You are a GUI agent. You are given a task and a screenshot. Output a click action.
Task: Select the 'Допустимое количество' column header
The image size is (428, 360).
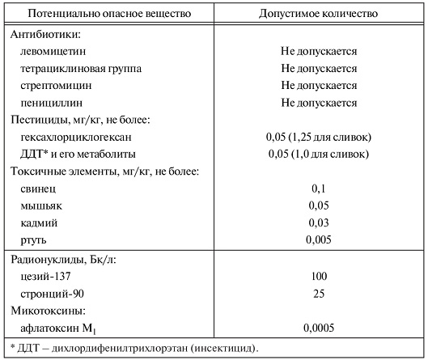[318, 15]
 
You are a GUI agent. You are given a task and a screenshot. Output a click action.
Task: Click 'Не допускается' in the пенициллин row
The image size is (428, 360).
[319, 103]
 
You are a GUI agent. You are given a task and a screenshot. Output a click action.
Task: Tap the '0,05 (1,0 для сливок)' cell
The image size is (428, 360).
[319, 154]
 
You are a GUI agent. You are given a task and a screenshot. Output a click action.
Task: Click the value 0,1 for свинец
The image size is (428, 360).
[319, 188]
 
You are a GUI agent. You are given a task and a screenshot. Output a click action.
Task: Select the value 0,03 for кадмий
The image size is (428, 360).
[319, 222]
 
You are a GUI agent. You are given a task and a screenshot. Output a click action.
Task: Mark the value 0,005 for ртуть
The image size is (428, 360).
[319, 239]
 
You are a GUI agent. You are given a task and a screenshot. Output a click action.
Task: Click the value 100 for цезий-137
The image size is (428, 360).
[319, 276]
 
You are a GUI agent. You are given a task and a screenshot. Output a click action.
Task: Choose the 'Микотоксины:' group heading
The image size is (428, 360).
[49, 310]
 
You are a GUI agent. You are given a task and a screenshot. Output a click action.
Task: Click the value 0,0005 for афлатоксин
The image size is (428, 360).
[319, 328]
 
